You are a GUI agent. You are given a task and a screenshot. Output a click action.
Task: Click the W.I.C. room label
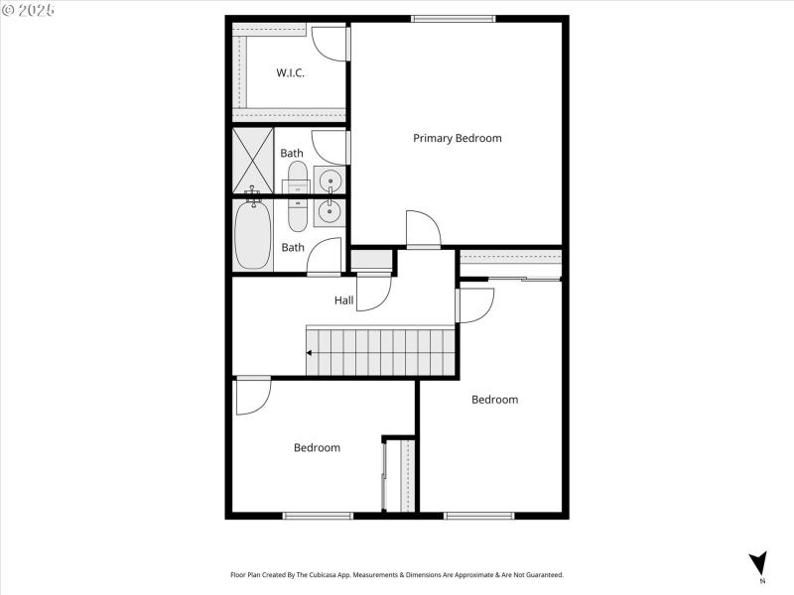coord(290,72)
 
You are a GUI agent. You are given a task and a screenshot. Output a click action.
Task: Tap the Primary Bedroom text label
coord(457,138)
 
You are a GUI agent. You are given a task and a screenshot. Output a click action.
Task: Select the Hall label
coord(343,299)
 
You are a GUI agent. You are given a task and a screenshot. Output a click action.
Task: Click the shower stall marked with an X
coord(253,161)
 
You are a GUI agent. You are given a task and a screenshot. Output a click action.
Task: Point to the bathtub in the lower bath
coord(253,235)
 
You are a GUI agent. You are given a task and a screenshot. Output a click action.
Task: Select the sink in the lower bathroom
coord(330,211)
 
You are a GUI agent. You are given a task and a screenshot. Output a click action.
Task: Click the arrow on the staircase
coord(312,352)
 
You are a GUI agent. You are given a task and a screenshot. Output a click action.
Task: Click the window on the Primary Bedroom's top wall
coord(453,19)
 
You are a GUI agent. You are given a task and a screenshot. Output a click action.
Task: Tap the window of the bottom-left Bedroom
coord(318,515)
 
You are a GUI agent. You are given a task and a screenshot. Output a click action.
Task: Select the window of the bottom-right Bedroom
coord(478,515)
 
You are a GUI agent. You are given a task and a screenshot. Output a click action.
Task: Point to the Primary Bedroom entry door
coord(423,230)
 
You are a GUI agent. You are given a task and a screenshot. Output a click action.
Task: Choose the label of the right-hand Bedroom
coord(494,400)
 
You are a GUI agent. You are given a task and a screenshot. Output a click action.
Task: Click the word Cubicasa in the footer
coord(338,574)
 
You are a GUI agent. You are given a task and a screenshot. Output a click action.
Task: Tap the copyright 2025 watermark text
coord(29,9)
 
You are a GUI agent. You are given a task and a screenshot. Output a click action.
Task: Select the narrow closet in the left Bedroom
coord(401,476)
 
